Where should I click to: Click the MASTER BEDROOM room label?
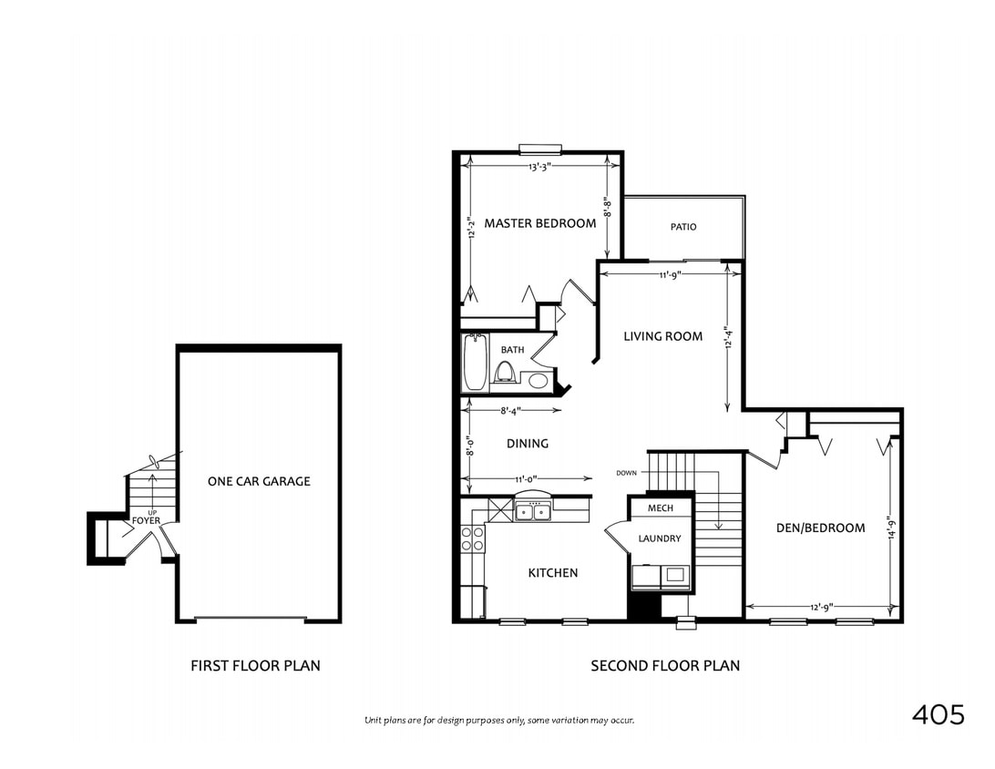click(539, 223)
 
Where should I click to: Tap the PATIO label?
click(683, 227)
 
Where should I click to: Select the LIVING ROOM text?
click(662, 336)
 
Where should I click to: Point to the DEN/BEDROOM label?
click(820, 528)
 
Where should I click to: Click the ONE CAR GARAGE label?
click(259, 481)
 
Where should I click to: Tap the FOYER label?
click(146, 521)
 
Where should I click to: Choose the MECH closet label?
click(660, 508)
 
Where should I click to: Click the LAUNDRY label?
click(659, 538)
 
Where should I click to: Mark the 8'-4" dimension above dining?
click(517, 411)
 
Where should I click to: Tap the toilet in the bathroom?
click(504, 372)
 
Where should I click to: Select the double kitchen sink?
click(533, 512)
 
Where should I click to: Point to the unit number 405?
click(938, 715)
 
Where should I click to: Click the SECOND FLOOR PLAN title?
click(665, 666)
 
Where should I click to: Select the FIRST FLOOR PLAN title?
click(255, 666)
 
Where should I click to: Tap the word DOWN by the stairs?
click(626, 473)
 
